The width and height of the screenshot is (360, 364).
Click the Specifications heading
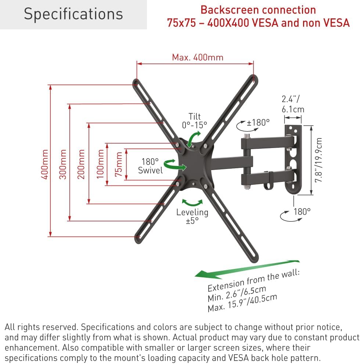pos(73,14)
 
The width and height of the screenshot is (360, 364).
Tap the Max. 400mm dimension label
pos(197,57)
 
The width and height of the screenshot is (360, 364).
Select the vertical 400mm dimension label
pos(45,164)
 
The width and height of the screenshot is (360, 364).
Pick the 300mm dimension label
pos(63,164)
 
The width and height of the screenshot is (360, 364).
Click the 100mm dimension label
pos(100,164)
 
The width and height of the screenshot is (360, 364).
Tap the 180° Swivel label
pos(150,166)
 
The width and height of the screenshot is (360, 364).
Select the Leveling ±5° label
pos(192,216)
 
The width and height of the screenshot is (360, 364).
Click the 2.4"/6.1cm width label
pos(293,104)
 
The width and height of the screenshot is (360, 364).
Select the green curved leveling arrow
pos(192,202)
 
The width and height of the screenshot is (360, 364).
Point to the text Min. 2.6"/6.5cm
pos(237,293)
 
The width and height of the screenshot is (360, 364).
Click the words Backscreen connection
pos(258,10)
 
